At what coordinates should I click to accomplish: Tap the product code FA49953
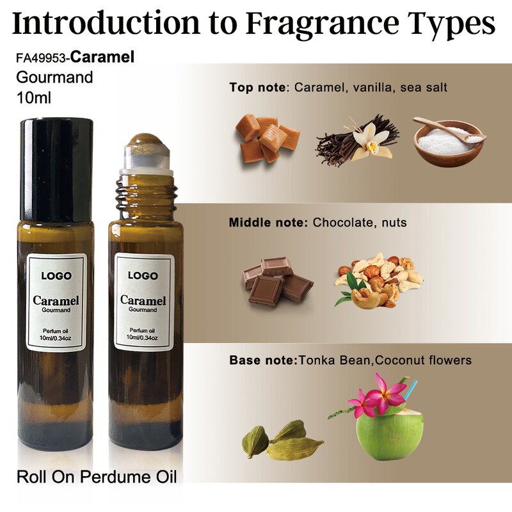pyautogui.click(x=41, y=58)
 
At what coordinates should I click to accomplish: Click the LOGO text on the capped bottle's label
pyautogui.click(x=56, y=276)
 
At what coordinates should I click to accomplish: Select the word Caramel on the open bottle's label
pyautogui.click(x=143, y=300)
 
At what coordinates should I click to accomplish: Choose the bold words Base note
pyautogui.click(x=263, y=360)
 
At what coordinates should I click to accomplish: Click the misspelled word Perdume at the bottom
pyautogui.click(x=118, y=477)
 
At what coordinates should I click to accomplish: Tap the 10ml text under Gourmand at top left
pyautogui.click(x=33, y=98)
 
